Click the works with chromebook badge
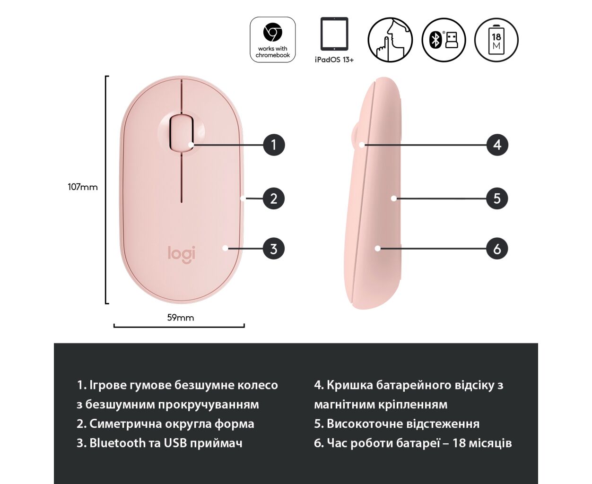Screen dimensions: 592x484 point(272,40)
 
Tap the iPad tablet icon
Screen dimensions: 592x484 point(334,34)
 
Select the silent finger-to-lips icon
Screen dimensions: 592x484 point(390,40)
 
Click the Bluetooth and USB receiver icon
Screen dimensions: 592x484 point(444,40)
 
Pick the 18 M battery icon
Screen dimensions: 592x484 point(496,40)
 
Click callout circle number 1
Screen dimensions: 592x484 point(274,145)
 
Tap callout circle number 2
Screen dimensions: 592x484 point(274,199)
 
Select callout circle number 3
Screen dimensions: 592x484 point(274,249)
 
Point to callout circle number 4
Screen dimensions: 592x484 point(497,145)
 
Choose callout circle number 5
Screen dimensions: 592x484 point(497,199)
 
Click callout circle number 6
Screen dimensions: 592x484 point(497,249)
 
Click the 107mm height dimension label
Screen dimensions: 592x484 point(83,187)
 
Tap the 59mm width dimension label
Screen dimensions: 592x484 point(181,318)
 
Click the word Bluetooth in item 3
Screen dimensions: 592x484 point(117,443)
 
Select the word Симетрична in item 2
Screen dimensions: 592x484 point(125,423)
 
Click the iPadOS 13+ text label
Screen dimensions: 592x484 point(334,60)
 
